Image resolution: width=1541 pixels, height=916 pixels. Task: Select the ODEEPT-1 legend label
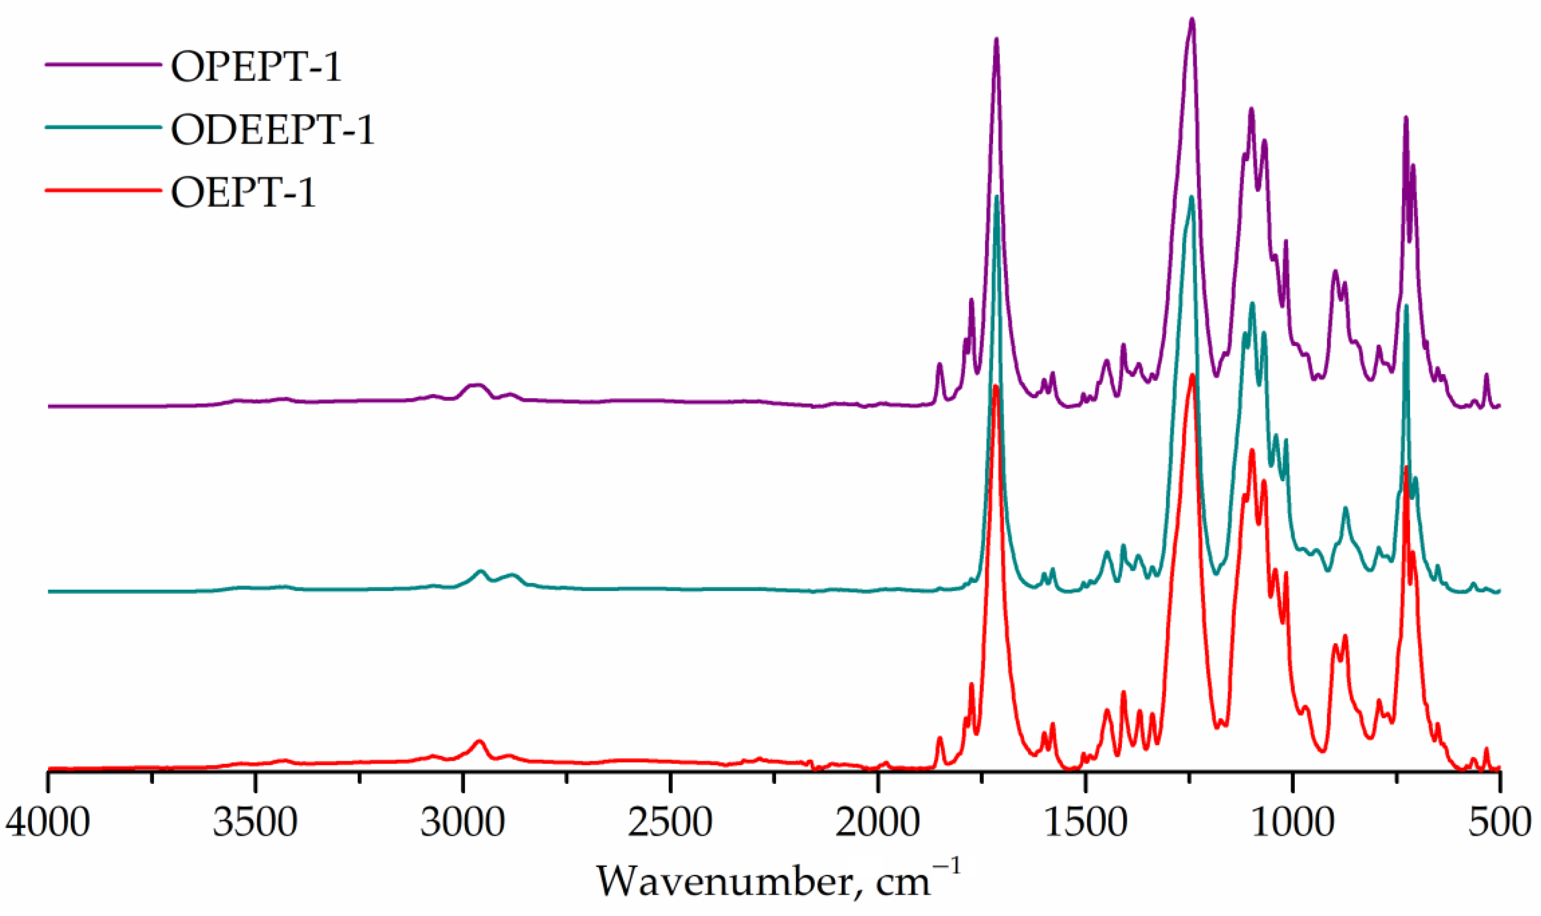(272, 130)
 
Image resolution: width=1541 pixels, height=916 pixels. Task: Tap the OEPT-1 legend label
(243, 193)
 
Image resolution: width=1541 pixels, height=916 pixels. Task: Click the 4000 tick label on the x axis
(48, 823)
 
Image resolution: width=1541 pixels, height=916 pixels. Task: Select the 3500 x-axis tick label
(255, 823)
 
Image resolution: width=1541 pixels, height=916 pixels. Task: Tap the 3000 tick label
(462, 823)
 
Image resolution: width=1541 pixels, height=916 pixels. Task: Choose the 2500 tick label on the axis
(670, 823)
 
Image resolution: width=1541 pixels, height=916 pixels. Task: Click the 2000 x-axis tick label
(877, 823)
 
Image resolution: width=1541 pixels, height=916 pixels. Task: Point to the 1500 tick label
(1084, 823)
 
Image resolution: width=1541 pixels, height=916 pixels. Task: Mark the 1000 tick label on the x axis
(1292, 823)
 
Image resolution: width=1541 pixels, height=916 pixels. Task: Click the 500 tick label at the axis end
(1498, 823)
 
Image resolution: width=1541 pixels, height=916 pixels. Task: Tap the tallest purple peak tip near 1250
(1192, 20)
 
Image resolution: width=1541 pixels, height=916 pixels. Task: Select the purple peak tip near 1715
(996, 39)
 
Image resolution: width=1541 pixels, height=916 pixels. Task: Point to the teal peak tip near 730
(1406, 306)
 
